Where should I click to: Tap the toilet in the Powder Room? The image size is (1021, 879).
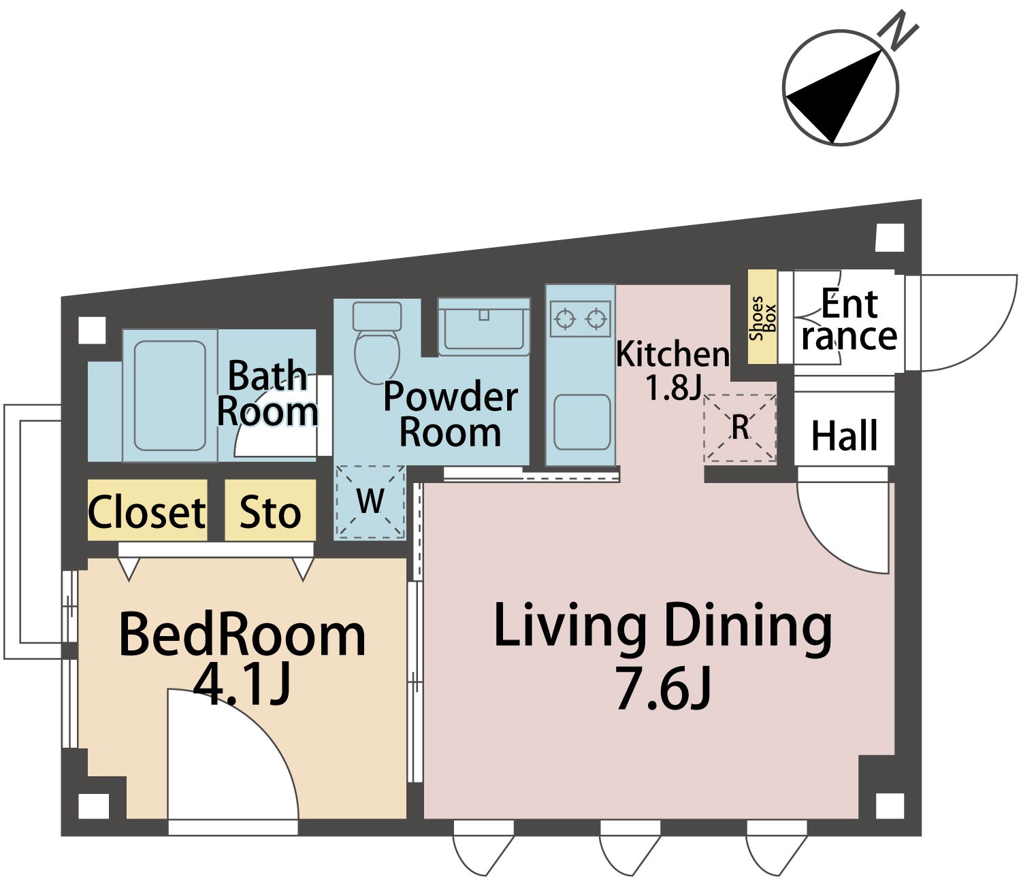(x=377, y=342)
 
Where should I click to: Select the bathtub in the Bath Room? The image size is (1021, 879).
(x=169, y=395)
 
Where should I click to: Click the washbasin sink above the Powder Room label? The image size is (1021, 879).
(x=483, y=327)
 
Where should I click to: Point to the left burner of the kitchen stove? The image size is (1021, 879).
(x=564, y=319)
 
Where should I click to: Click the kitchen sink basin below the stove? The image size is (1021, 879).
(x=582, y=422)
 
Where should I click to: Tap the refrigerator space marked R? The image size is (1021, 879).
(x=739, y=428)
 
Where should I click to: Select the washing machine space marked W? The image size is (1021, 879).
(x=370, y=501)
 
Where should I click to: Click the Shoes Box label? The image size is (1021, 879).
(x=762, y=318)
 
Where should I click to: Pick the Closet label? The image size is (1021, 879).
(x=147, y=512)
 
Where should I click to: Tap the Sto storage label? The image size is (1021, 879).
(x=270, y=512)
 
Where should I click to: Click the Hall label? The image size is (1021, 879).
(x=844, y=435)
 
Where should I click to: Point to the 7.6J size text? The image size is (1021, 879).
(x=664, y=688)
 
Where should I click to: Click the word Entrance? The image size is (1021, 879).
(x=849, y=320)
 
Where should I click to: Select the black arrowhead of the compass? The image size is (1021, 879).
(x=834, y=97)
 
